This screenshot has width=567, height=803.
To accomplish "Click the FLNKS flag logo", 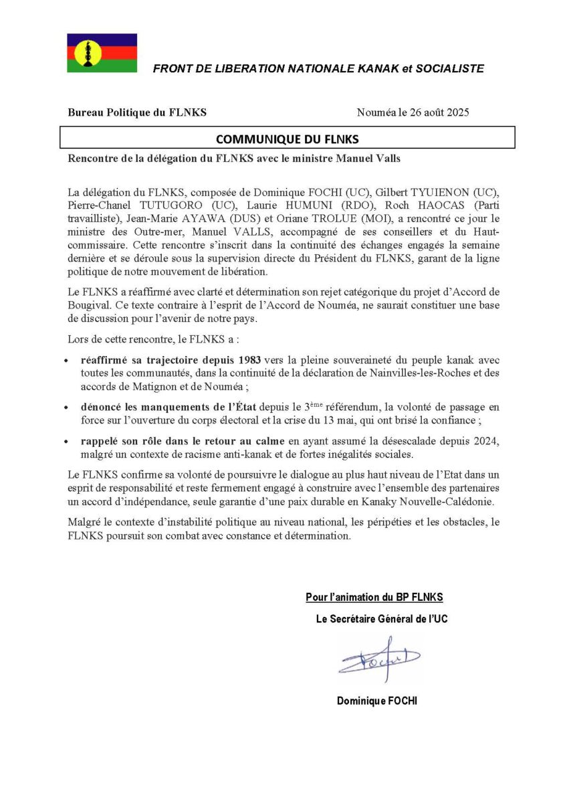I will coord(102,53).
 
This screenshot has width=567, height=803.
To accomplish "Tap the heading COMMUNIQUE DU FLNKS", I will coord(288,139).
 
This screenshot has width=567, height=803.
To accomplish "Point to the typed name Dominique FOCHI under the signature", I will coord(377,701).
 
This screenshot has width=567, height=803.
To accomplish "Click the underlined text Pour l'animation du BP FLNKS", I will coord(374,597).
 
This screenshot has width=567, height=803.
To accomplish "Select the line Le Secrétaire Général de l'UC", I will coord(382,619).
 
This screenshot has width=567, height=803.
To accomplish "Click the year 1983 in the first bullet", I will coord(251,361).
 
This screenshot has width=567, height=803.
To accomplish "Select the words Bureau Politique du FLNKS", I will coord(137,112).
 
